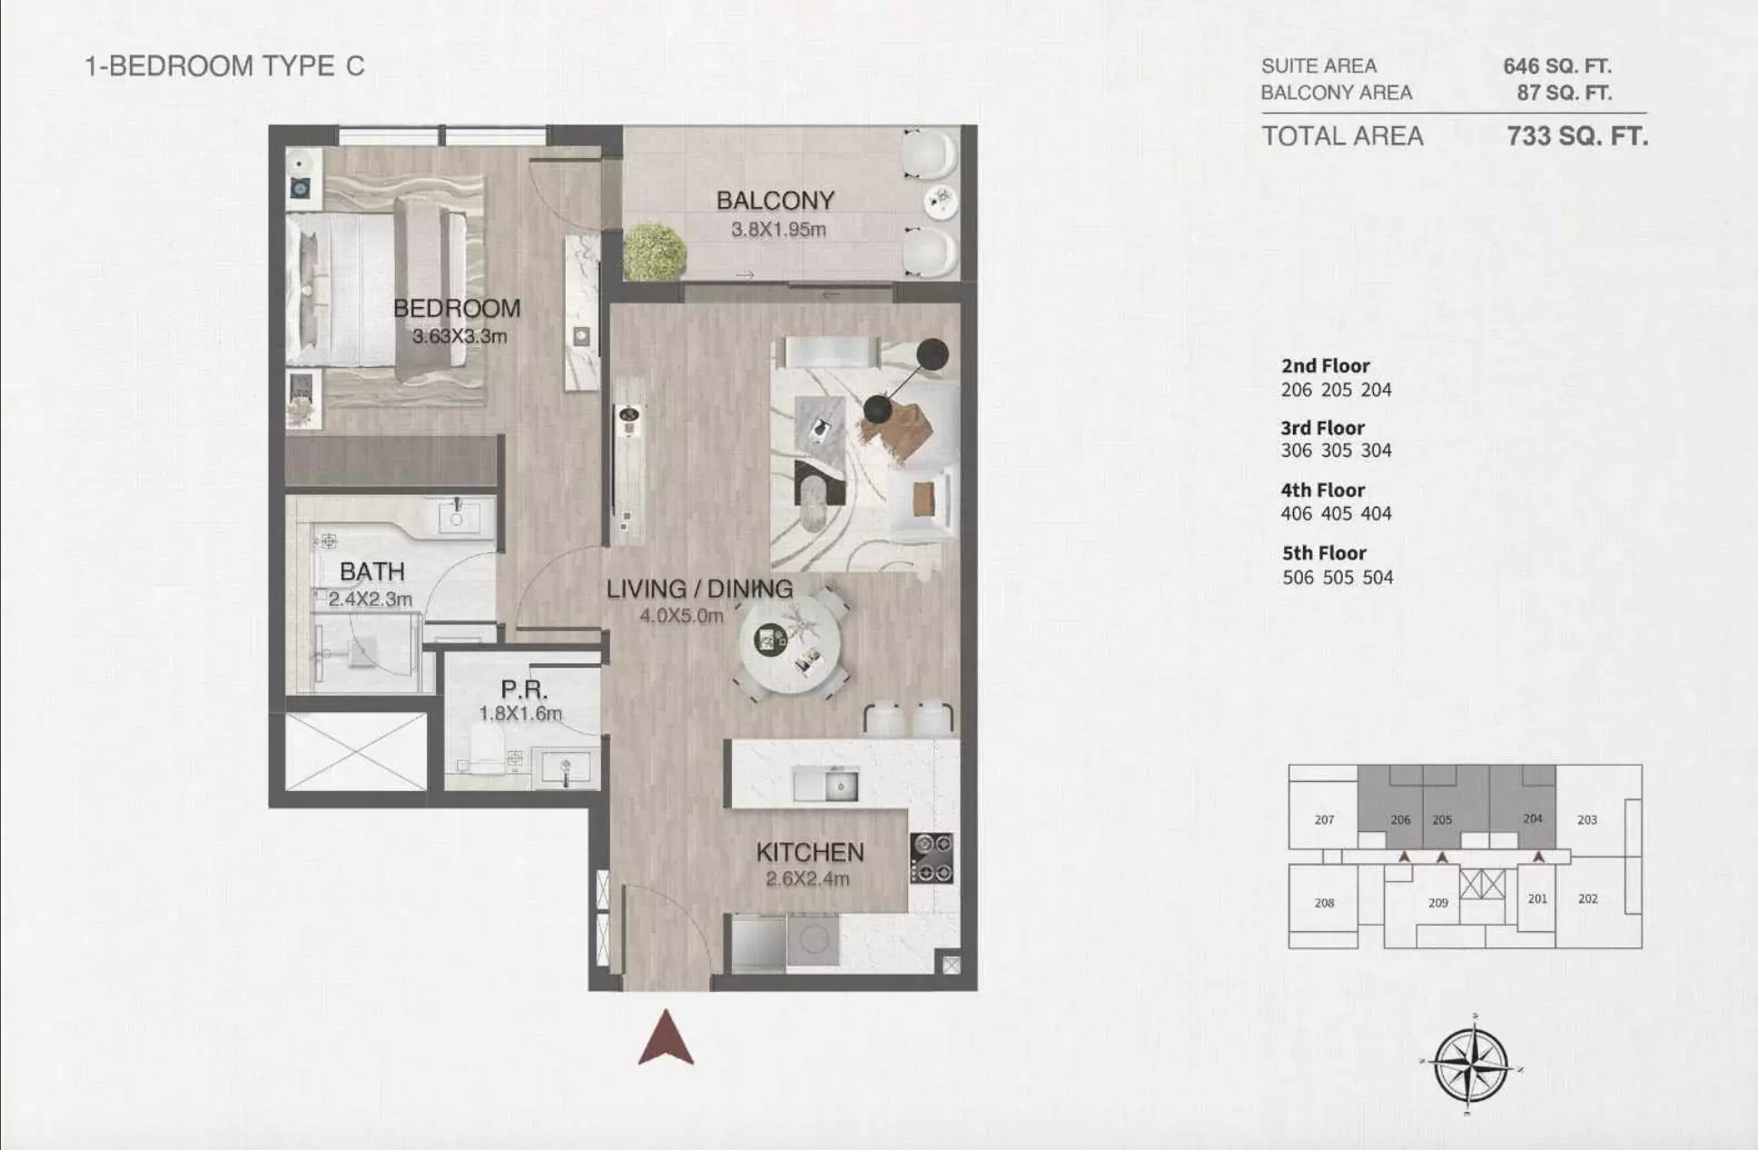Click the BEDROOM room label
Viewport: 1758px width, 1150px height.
457,308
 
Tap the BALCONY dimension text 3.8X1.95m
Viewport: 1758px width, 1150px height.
778,230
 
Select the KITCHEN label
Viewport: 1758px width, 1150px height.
810,852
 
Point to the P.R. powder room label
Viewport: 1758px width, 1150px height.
524,690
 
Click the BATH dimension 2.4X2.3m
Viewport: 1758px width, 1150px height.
370,600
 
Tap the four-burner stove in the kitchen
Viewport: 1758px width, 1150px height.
932,858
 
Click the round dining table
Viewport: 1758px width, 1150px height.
788,643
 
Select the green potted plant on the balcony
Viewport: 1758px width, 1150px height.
654,252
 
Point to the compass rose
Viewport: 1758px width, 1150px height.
1471,1064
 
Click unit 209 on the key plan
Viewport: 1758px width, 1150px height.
1438,903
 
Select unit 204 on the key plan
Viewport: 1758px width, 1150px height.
1533,818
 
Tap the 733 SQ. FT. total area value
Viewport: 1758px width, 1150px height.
1577,136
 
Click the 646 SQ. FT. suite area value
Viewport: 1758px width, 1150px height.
1557,66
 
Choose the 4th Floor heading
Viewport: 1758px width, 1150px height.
1323,491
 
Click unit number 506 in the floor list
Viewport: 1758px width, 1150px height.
1298,578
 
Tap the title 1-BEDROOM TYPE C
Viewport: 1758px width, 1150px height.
224,66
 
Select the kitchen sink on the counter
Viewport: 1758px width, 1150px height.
825,785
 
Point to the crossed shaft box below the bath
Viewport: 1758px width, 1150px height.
356,751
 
